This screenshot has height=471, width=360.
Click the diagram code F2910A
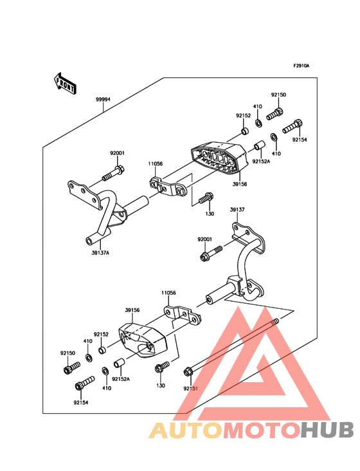tap(301, 66)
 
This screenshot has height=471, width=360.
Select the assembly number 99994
tap(103, 100)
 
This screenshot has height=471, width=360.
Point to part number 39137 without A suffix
tap(238, 210)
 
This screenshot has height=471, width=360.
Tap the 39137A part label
tap(100, 253)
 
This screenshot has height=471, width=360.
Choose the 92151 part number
tap(190, 389)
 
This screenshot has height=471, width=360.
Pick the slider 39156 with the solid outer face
tap(144, 338)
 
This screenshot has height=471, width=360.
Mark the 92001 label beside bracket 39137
tap(205, 239)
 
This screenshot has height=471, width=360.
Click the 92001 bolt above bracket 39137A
tap(114, 172)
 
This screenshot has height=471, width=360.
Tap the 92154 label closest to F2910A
tap(300, 139)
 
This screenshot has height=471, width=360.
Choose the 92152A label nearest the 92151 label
tap(120, 379)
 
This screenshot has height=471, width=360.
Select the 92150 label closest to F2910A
tap(278, 95)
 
